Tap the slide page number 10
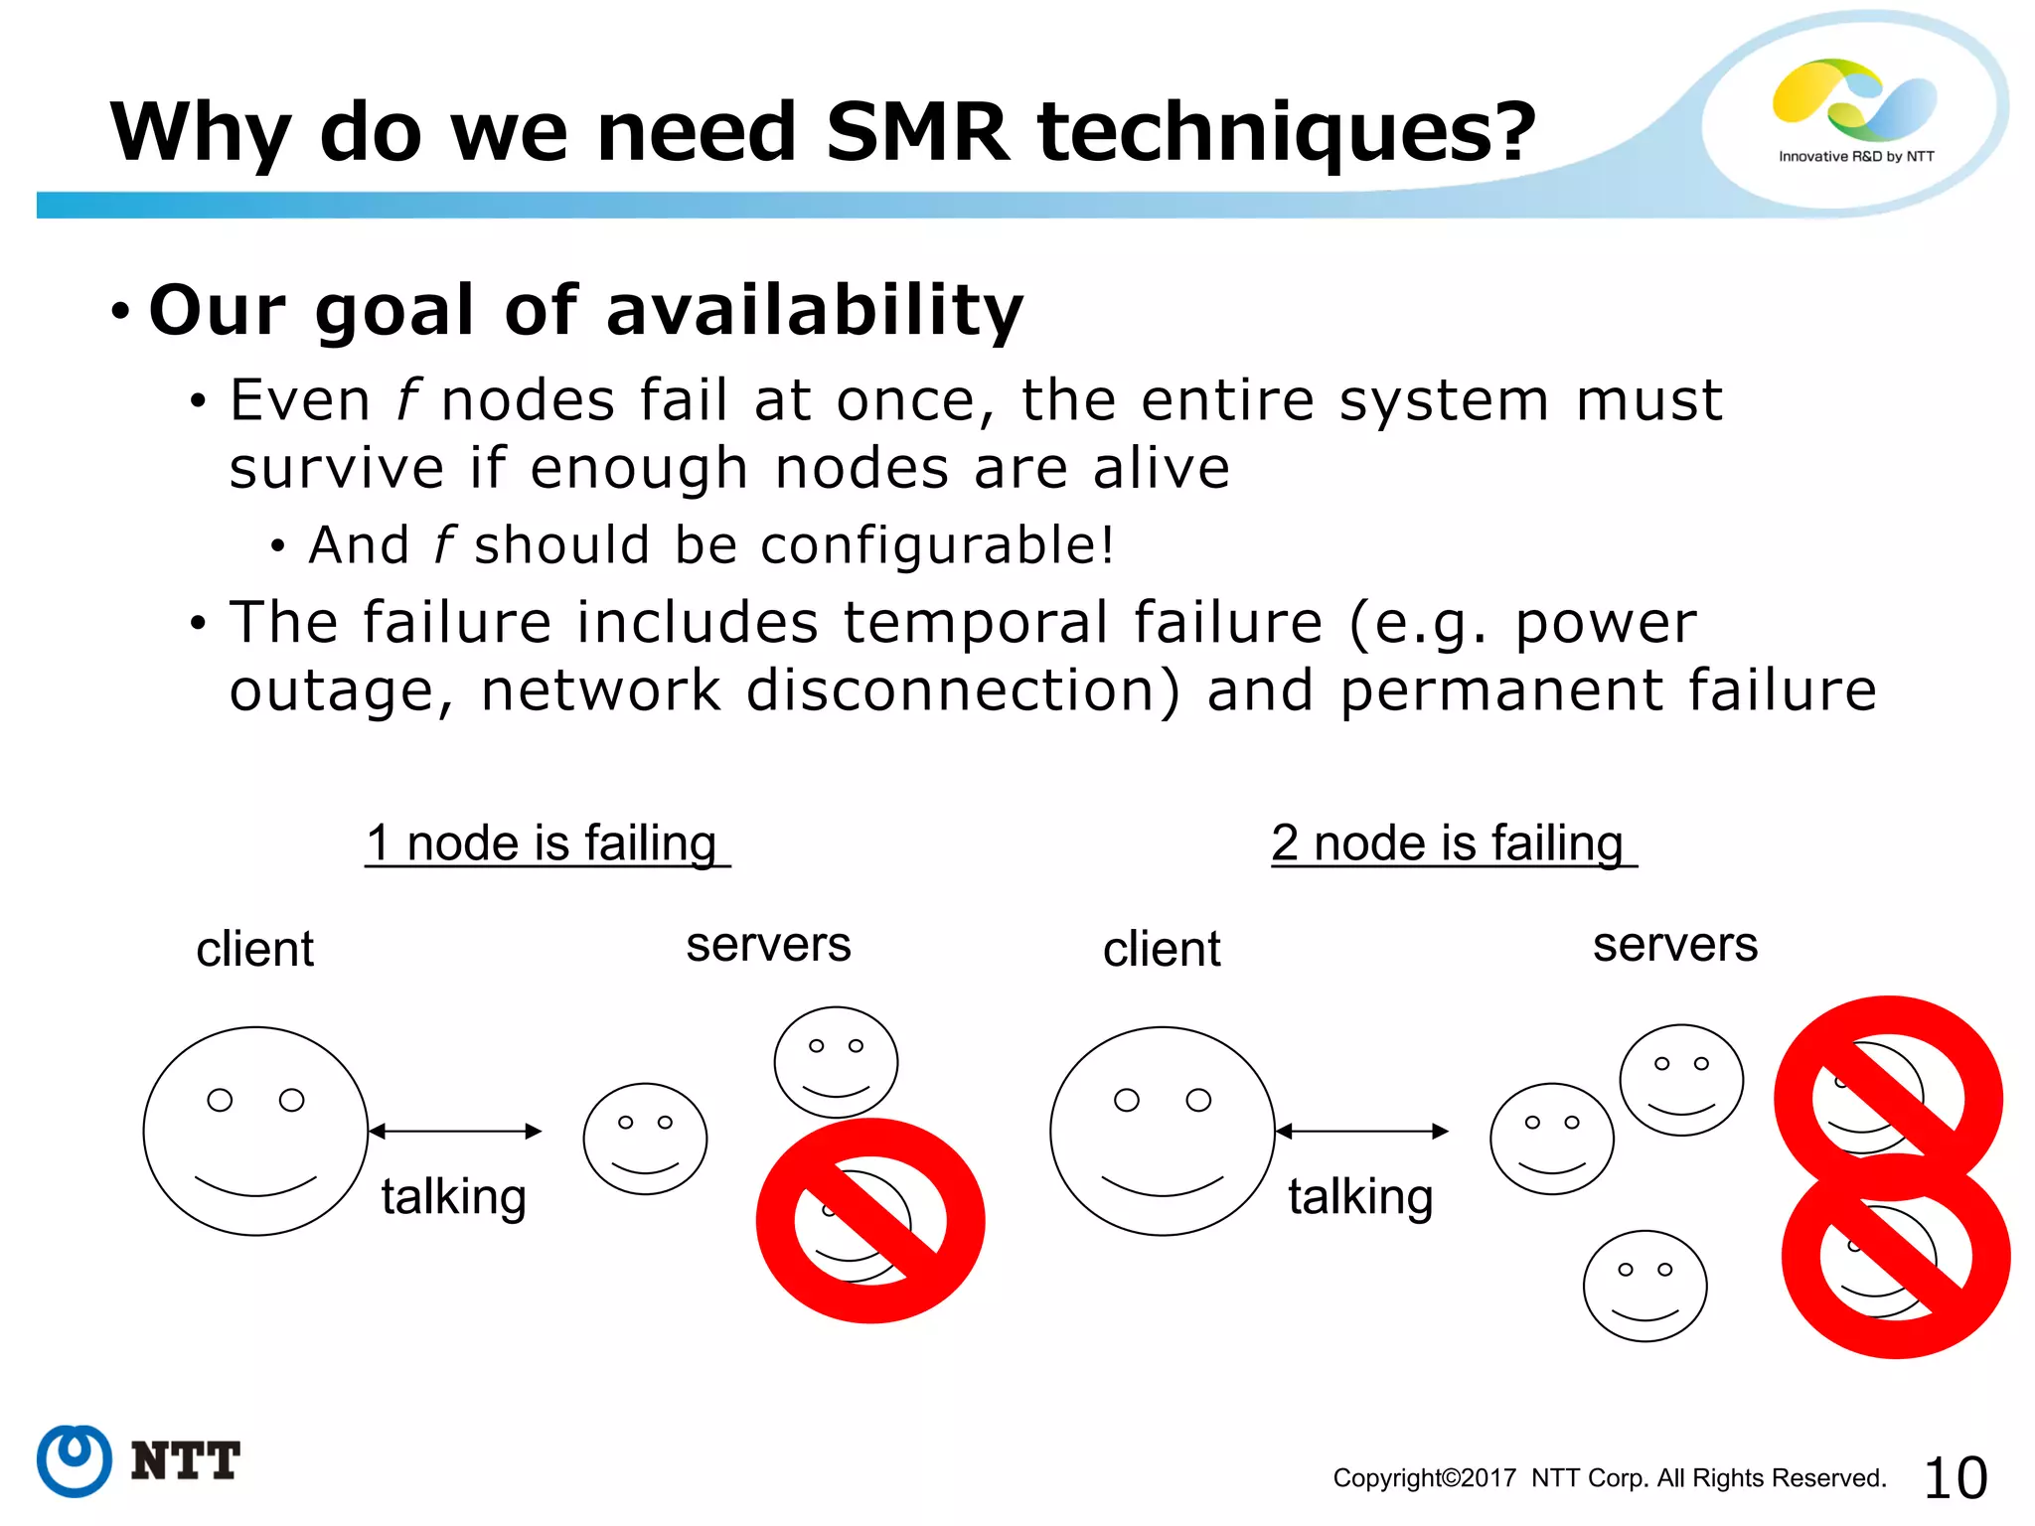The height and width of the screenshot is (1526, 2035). click(x=1955, y=1477)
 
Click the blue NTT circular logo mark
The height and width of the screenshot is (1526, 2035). click(x=74, y=1460)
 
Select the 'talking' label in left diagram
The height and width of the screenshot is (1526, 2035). click(x=453, y=1196)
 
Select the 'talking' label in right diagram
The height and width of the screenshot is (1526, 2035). click(x=1359, y=1196)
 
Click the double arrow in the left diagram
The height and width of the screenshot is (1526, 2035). click(x=455, y=1131)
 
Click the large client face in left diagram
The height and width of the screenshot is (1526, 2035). click(x=255, y=1131)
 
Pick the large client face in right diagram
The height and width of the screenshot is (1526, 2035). click(x=1162, y=1131)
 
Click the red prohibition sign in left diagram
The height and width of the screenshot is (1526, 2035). click(x=870, y=1220)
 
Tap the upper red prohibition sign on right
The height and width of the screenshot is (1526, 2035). click(x=1888, y=1098)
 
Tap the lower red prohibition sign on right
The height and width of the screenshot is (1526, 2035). click(x=1895, y=1255)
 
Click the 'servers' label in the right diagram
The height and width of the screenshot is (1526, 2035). click(x=1674, y=944)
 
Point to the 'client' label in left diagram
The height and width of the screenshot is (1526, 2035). click(x=254, y=949)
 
